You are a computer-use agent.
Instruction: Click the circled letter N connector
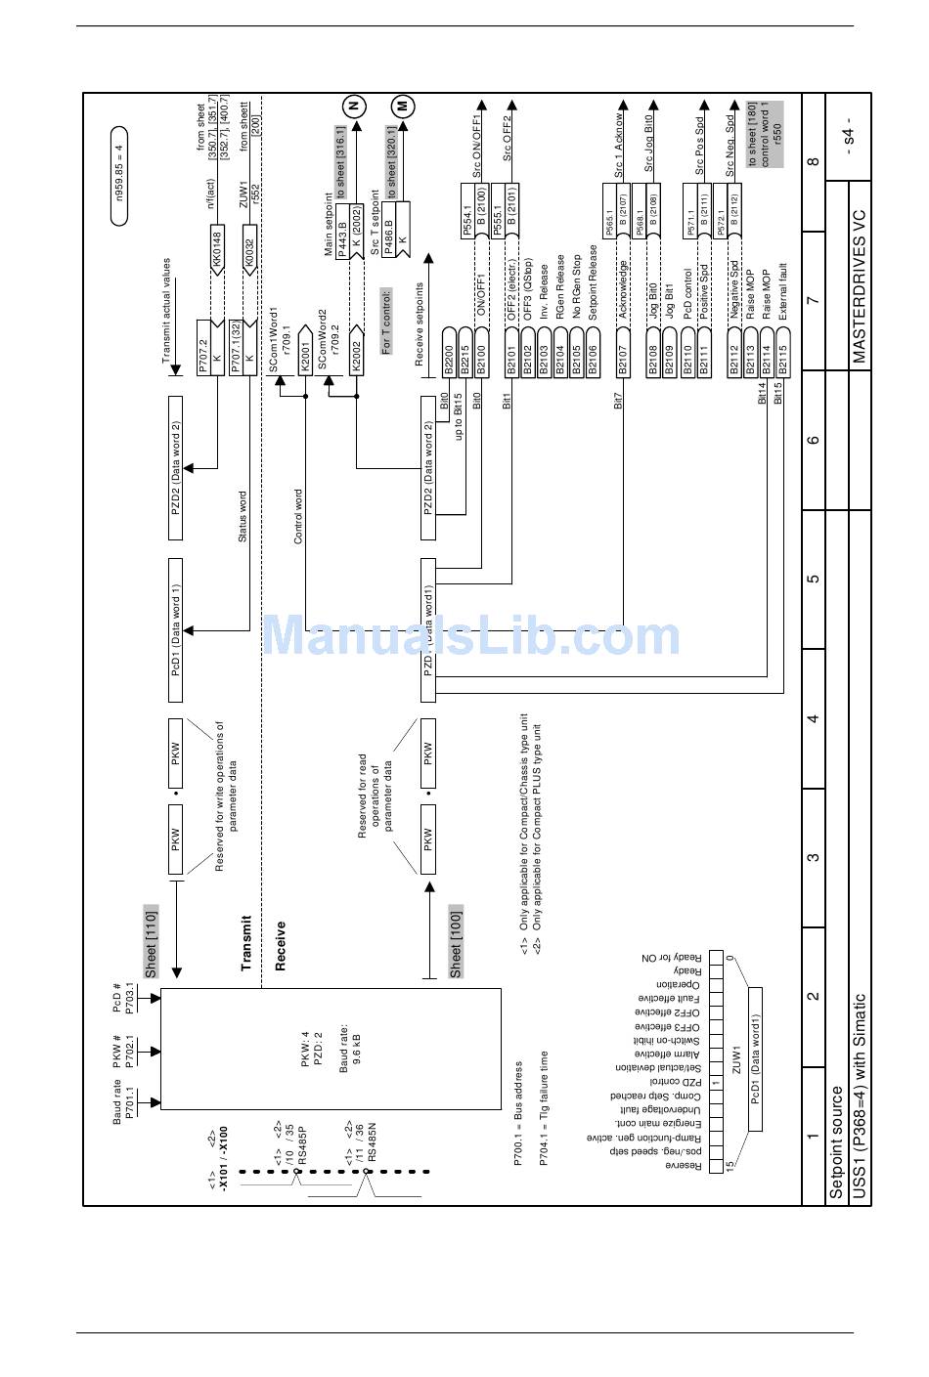(354, 107)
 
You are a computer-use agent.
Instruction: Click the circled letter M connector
(403, 107)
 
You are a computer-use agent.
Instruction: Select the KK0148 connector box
(218, 248)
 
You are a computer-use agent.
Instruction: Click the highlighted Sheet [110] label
(151, 940)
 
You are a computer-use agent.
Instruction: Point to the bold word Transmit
(246, 943)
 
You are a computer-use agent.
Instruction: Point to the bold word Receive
(281, 945)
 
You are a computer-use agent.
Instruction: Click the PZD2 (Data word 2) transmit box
(176, 468)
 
